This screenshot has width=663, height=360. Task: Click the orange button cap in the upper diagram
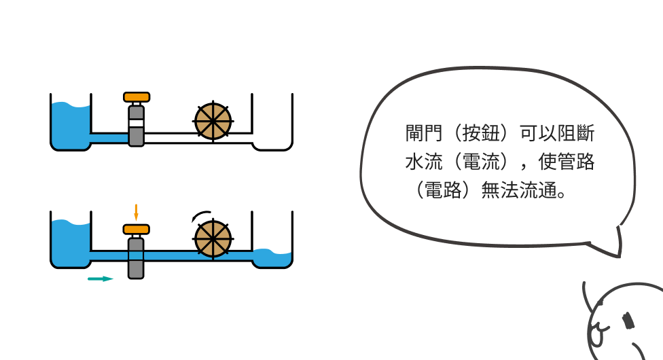tap(137, 97)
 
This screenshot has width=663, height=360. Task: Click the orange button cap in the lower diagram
tap(137, 229)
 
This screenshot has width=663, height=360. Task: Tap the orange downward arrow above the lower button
tap(136, 211)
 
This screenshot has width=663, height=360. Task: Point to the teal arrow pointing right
tap(100, 278)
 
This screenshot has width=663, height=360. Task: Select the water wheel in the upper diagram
tap(213, 122)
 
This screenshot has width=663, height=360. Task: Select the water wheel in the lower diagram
tap(213, 239)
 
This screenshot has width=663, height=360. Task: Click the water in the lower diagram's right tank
tap(272, 259)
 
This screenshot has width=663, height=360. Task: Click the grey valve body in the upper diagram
tap(137, 126)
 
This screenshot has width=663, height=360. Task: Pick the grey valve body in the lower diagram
tap(137, 259)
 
